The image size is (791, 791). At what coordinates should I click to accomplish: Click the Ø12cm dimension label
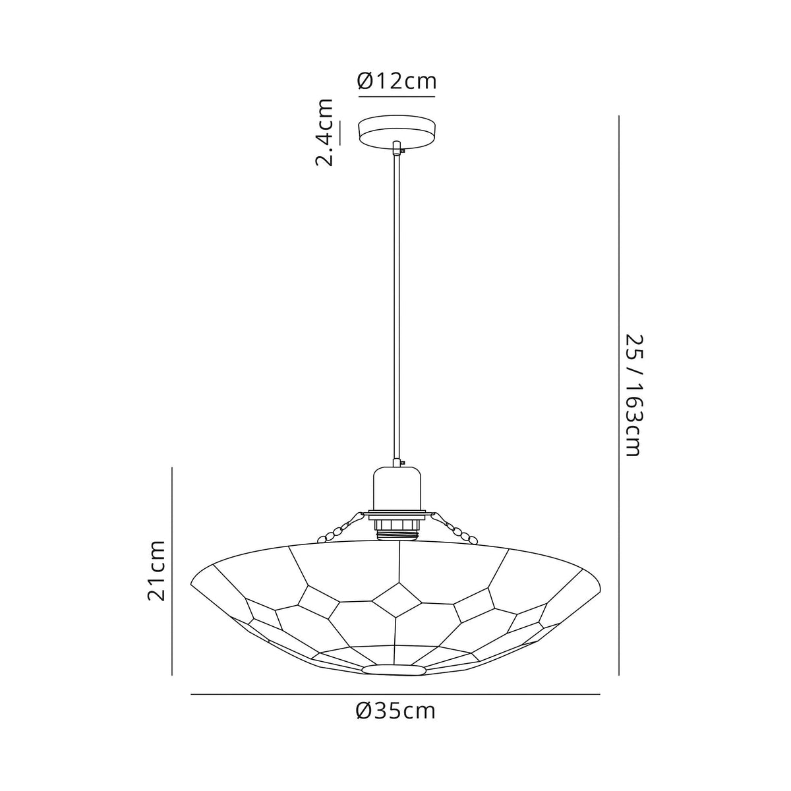(397, 81)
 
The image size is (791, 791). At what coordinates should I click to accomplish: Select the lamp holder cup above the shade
(396, 488)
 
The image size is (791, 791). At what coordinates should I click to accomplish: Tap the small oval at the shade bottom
(394, 670)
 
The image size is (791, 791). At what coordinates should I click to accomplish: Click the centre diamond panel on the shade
(397, 599)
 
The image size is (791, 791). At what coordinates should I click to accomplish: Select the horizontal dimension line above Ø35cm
(395, 694)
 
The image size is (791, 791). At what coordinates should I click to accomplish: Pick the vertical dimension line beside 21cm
(172, 570)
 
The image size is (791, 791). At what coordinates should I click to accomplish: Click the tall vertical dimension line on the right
(618, 395)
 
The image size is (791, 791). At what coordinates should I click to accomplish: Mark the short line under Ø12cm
(397, 97)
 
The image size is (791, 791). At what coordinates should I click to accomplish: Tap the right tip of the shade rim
(600, 583)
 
